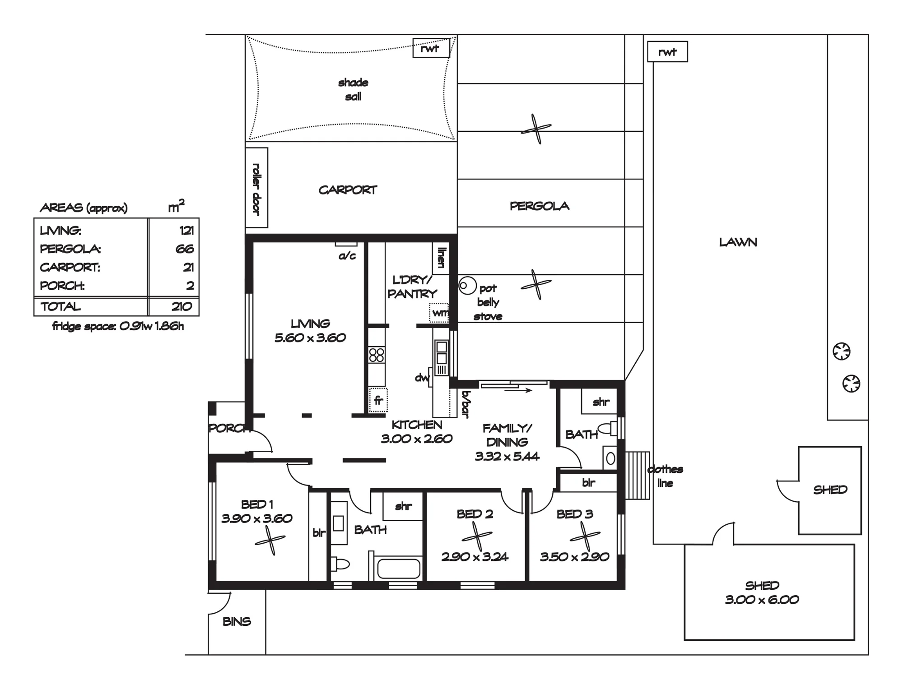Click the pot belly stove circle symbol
click(x=468, y=286)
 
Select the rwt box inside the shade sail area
click(x=431, y=48)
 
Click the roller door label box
click(x=256, y=188)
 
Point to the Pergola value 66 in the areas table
click(x=185, y=249)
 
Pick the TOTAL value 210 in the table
click(x=182, y=307)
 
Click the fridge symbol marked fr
click(x=378, y=400)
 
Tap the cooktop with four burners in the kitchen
click(x=377, y=355)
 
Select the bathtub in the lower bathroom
click(x=399, y=569)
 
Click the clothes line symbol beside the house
click(x=637, y=475)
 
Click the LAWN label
click(x=738, y=242)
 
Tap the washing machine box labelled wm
click(x=439, y=313)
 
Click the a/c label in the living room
click(x=347, y=256)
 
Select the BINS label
click(x=237, y=622)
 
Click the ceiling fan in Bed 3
click(x=585, y=536)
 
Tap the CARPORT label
click(x=348, y=190)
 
